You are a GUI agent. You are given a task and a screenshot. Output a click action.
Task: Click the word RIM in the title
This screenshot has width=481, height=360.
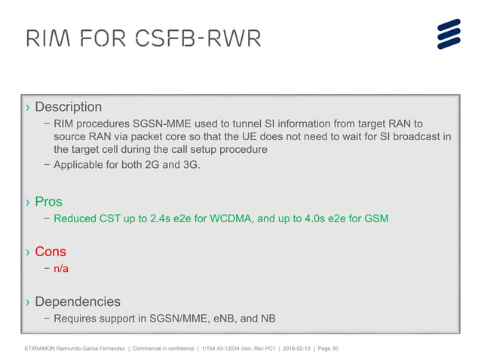[46, 38]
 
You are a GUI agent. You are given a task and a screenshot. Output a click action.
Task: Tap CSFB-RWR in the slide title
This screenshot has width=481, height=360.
[198, 38]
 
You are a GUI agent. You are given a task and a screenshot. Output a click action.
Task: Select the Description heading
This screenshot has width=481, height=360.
[68, 107]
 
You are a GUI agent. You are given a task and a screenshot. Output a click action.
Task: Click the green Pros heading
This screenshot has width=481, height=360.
[49, 202]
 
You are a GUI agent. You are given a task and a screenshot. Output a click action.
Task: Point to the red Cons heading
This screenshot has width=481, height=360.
[51, 252]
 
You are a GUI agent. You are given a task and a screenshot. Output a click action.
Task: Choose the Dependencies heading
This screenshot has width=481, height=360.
[78, 301]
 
